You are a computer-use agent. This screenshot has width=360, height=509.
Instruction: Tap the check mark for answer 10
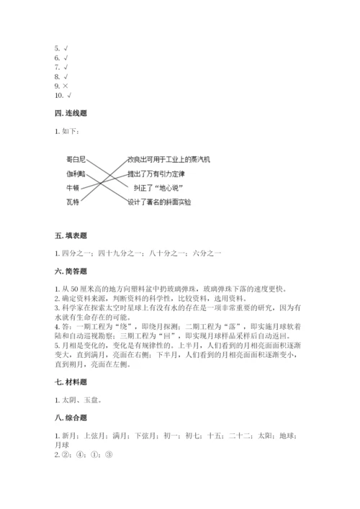[69, 96]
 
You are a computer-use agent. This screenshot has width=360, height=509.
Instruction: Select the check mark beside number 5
[66, 48]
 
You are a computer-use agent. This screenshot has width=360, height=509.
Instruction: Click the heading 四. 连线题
[71, 115]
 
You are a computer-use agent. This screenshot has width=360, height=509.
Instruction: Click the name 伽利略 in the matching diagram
[75, 174]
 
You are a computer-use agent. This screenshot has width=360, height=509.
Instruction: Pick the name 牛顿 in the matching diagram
[72, 188]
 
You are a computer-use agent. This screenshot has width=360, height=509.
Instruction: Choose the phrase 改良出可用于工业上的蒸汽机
[168, 159]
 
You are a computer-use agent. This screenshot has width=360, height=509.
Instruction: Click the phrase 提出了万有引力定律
[156, 174]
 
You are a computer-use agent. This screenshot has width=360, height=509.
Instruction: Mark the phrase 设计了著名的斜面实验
[159, 202]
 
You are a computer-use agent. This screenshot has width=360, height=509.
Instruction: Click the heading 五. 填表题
[71, 236]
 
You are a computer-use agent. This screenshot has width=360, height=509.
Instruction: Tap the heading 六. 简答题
[71, 271]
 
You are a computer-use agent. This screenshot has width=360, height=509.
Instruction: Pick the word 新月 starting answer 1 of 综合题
[68, 436]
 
